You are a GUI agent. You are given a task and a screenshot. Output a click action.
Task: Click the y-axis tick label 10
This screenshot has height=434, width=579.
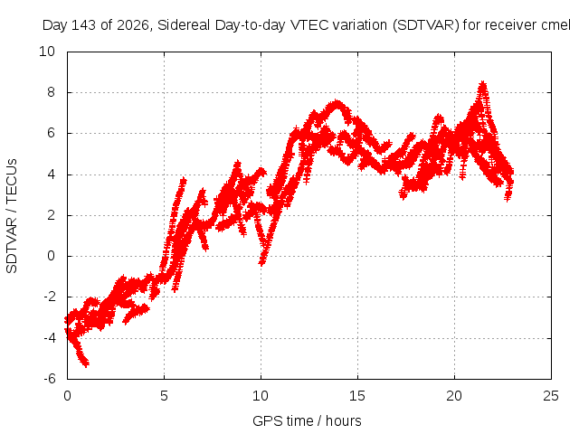click(47, 52)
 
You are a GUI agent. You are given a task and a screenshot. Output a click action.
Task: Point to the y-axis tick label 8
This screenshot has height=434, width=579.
click(51, 92)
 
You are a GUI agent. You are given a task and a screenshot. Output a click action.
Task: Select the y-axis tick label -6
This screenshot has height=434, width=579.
click(49, 379)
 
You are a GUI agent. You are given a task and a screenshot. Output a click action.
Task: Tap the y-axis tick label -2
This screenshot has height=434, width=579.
click(49, 297)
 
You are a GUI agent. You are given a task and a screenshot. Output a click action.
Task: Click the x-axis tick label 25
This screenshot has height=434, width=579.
click(551, 396)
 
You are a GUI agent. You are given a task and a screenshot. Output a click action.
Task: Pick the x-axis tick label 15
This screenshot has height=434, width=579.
click(357, 396)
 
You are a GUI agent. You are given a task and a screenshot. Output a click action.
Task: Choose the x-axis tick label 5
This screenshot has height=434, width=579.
click(164, 396)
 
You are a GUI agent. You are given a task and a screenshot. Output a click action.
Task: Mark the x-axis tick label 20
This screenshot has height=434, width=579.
click(454, 396)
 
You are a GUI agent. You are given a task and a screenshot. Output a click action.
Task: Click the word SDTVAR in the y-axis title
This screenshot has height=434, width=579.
click(12, 245)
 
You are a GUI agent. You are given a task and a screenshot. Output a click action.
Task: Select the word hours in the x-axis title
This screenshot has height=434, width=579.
click(344, 421)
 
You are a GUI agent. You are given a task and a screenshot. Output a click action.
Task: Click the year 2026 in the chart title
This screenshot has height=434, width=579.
click(133, 25)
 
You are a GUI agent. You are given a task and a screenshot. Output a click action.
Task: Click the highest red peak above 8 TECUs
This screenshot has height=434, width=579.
click(482, 83)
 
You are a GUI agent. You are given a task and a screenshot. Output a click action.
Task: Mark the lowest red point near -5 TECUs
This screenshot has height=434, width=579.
click(86, 364)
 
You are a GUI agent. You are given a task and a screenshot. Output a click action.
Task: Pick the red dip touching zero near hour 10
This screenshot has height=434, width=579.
click(261, 262)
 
